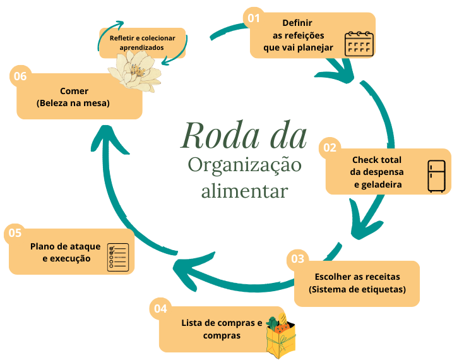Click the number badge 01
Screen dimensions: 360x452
254,18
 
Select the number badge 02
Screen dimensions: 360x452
330,148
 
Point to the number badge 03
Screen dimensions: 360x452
297,258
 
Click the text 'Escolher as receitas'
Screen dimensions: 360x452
357,277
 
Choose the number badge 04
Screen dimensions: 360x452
160,308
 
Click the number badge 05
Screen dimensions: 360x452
14,233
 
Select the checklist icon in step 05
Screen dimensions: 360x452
118,257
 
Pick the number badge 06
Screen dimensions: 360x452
20,76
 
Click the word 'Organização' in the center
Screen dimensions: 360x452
244,165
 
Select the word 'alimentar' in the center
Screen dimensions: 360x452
244,190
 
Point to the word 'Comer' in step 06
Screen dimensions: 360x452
74,91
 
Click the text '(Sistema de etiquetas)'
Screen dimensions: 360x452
357,290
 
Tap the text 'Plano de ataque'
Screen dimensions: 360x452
61,246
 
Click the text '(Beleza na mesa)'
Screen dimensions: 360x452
74,103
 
